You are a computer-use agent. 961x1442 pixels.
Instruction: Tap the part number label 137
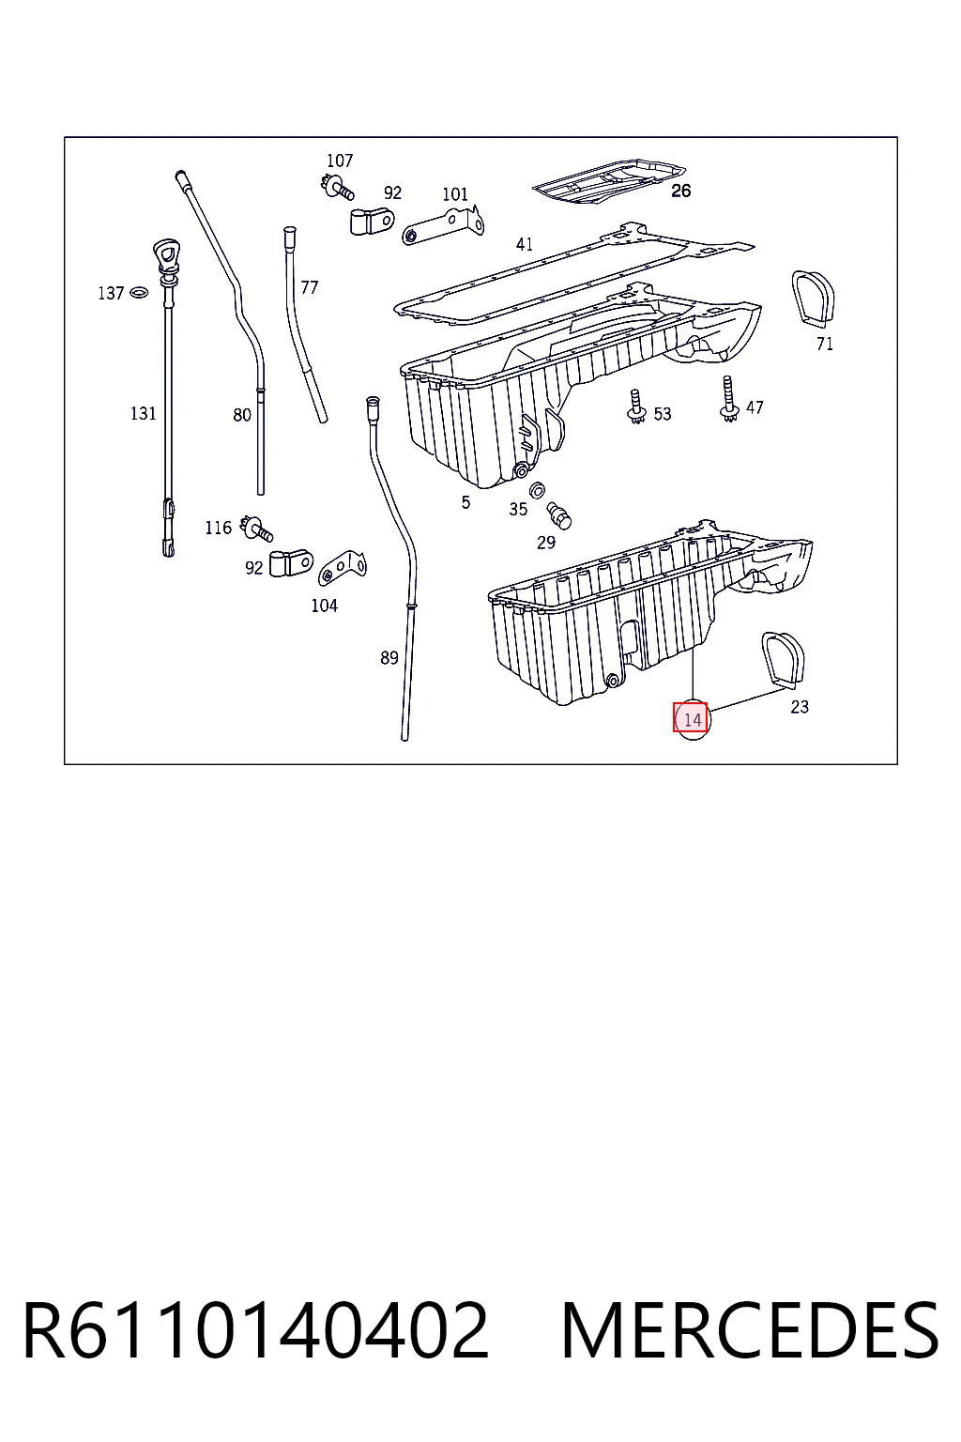point(110,294)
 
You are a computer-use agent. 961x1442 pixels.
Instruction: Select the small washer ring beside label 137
point(138,293)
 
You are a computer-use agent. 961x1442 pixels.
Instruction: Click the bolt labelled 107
point(337,188)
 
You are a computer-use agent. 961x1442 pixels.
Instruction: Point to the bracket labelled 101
point(443,226)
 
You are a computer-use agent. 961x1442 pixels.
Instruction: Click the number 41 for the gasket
point(525,245)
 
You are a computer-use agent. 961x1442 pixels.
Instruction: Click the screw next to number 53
point(636,407)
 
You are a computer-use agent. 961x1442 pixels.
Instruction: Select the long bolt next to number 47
point(728,399)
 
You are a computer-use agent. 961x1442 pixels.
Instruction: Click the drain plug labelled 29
point(558,515)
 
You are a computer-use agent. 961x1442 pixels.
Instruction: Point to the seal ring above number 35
point(537,490)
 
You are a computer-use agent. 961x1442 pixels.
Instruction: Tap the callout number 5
point(465,502)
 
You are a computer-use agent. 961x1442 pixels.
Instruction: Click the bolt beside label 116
point(256,528)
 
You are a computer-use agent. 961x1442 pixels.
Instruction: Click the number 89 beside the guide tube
point(389,658)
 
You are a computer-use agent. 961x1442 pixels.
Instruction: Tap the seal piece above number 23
point(784,660)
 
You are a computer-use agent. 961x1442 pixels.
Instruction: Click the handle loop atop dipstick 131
point(167,253)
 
